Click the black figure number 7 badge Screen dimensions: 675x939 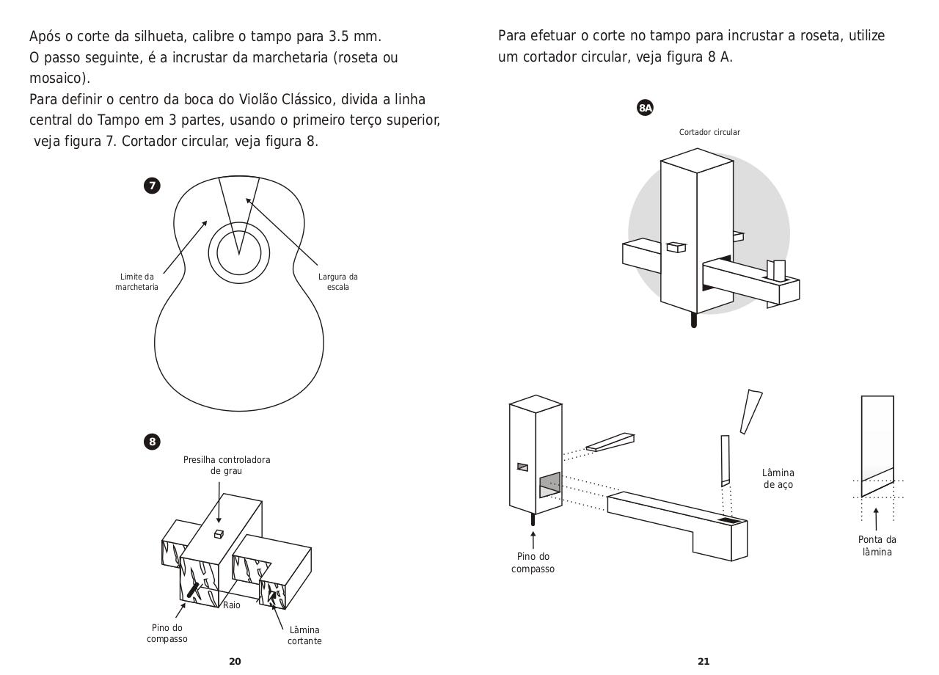(x=152, y=186)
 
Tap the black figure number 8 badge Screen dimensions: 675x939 (x=152, y=442)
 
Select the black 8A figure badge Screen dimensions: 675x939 (x=645, y=108)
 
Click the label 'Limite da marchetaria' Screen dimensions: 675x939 (x=136, y=282)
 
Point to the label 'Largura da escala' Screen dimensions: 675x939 (x=337, y=282)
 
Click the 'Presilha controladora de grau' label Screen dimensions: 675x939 (x=227, y=465)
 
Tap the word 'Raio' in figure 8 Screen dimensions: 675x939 (x=231, y=605)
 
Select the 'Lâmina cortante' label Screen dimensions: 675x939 (x=304, y=635)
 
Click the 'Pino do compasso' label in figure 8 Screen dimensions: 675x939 (x=167, y=633)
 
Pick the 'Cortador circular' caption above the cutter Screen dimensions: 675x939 (x=709, y=132)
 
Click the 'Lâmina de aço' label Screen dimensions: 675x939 (x=778, y=478)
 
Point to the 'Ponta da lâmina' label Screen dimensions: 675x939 (x=877, y=545)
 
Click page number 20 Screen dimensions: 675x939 (x=235, y=661)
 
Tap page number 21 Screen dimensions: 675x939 (x=704, y=661)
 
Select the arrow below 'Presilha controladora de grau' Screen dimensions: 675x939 (x=218, y=499)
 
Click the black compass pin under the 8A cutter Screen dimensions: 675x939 (x=694, y=320)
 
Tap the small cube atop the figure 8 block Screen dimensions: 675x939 (x=218, y=534)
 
